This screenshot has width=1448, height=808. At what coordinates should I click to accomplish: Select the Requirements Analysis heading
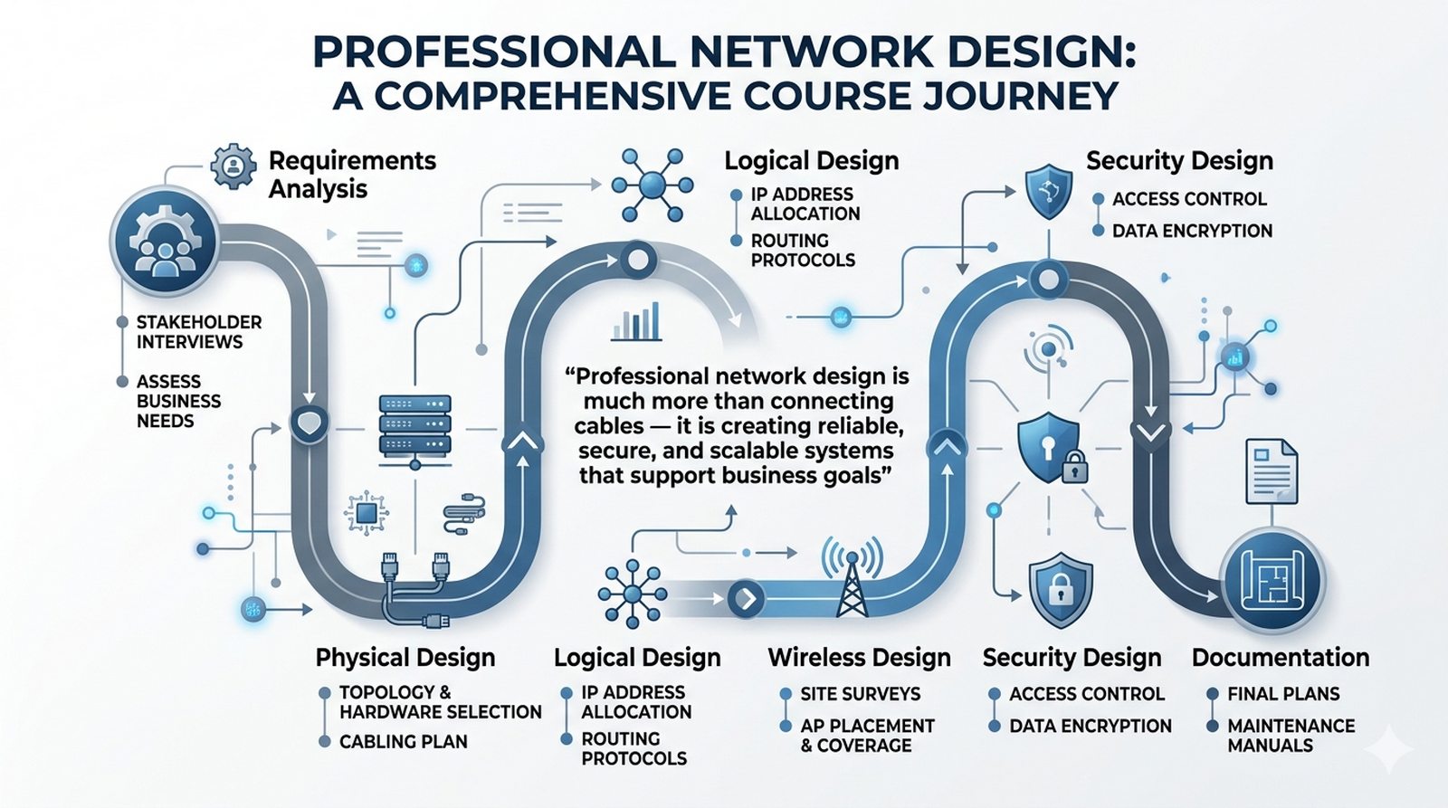[x=352, y=175]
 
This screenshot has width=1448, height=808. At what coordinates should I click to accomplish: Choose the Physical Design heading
[x=405, y=658]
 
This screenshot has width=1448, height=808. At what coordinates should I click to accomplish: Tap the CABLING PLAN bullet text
[x=403, y=742]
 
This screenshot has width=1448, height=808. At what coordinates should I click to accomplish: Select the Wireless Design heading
[x=859, y=658]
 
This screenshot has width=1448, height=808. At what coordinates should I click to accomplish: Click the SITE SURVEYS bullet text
[x=860, y=694]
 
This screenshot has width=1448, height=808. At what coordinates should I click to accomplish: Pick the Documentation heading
[x=1280, y=658]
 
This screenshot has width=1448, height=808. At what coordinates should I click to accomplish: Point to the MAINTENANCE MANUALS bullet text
[x=1291, y=736]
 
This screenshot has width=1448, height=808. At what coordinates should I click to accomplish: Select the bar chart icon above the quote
[x=636, y=322]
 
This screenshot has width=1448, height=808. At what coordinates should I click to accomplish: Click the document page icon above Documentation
[x=1271, y=471]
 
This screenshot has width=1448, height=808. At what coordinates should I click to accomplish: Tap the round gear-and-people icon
[x=164, y=242]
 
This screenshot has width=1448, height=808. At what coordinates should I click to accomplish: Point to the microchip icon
[x=367, y=514]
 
